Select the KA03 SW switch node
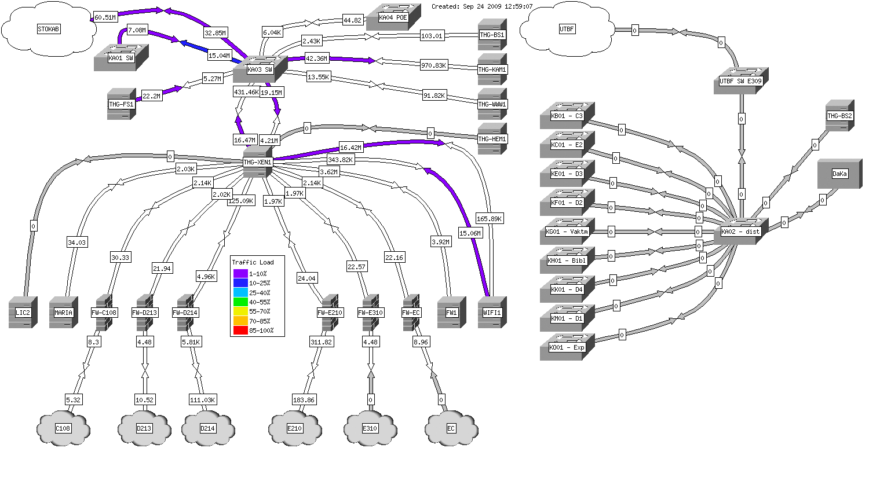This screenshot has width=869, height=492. coord(260,69)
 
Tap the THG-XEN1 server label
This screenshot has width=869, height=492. coord(258,162)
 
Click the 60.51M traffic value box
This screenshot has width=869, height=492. coord(105,17)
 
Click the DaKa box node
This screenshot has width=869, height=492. coord(839,174)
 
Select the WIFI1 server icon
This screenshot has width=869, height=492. coord(492,313)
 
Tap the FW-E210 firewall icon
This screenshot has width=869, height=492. coord(330,313)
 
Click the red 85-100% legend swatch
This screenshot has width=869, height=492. coord(240,331)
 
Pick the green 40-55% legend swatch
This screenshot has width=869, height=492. coord(240,302)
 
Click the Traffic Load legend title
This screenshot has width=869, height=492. coord(253,262)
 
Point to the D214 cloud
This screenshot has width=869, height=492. coord(207,428)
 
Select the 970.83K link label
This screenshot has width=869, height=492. coord(434,65)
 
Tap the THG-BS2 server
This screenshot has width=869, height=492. coord(839,116)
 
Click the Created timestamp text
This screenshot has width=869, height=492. coord(482,7)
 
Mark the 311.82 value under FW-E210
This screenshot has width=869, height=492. coord(322,342)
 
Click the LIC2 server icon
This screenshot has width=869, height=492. coord(23,313)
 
